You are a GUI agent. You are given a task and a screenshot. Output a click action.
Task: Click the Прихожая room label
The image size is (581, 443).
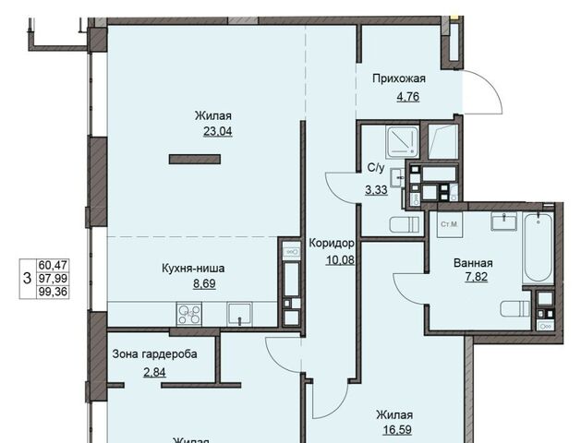coord(399,79)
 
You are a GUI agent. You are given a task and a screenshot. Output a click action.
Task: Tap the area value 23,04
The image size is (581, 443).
coord(218,131)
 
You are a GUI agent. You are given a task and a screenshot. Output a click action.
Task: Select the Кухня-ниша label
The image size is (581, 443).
coord(193,268)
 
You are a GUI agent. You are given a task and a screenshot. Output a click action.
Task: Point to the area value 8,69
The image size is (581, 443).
coord(204,284)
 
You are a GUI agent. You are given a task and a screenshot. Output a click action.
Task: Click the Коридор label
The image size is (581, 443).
coord(332,244)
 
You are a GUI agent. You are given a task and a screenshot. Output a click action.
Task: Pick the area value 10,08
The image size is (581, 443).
coord(340,260)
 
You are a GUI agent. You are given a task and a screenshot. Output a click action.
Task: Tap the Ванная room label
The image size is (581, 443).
coord(473,263)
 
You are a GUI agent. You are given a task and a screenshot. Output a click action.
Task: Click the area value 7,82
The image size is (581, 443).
coord(476,277)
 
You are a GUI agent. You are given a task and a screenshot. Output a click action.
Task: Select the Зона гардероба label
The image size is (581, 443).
coord(154,354)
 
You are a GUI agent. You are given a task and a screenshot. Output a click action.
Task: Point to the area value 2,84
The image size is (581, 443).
coord(154,372)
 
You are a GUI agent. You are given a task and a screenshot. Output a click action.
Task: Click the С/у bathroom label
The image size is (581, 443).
coord(376,168)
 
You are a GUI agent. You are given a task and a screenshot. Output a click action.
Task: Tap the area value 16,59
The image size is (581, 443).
coord(397,430)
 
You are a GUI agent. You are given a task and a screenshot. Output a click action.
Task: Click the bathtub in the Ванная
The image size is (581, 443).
coord(538,247)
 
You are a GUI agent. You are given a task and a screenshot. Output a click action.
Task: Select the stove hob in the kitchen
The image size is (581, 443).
coord(189,314)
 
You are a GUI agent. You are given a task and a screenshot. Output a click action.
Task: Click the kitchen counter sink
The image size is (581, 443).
coord(240,314)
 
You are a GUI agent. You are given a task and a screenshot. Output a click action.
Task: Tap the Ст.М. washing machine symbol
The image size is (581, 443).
coord(450,224)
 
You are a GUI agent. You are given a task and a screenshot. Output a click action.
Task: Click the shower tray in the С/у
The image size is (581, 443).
coord(402,141)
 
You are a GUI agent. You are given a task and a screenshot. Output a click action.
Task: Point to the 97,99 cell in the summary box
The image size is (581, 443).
coord(53,279)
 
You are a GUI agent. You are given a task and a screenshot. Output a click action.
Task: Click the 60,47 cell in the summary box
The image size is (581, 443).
coord(53,266)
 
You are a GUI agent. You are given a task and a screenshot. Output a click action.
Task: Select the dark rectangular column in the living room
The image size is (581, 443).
coord(195,159)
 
